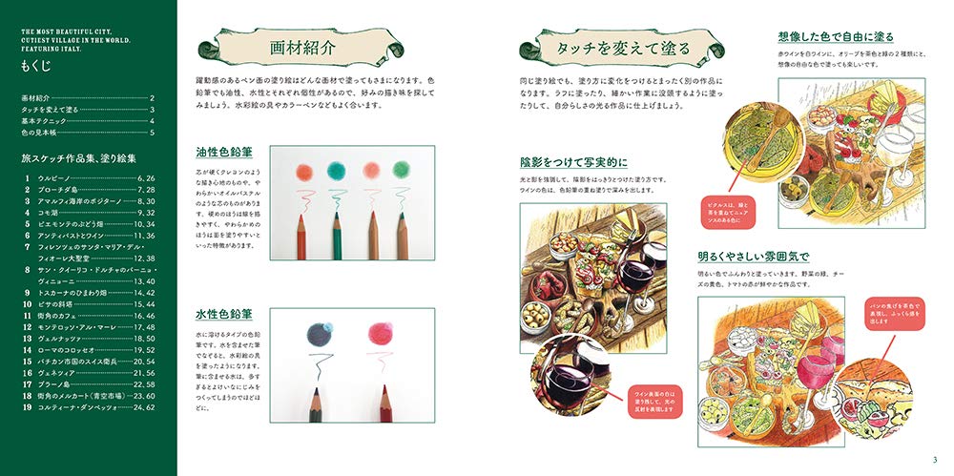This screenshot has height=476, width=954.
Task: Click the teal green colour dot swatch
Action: pos(336,169)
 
